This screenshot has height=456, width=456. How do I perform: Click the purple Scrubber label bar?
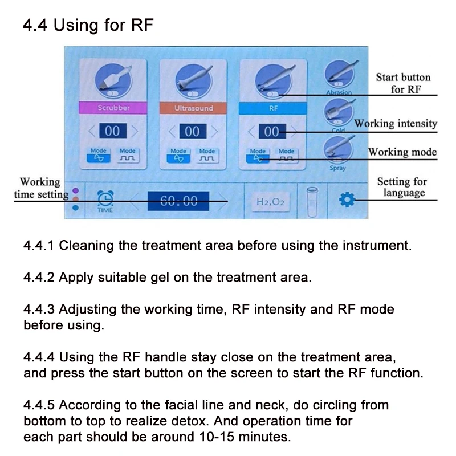point(114,108)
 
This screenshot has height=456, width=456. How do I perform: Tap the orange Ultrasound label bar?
point(193,108)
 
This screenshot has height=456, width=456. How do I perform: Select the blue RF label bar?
point(273,108)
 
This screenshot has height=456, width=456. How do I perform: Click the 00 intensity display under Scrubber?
point(113,132)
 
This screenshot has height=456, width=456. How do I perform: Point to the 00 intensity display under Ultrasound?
point(193,132)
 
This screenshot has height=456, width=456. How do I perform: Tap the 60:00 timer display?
point(178,199)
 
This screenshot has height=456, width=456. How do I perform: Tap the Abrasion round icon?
point(339,76)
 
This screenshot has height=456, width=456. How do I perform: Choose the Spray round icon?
point(337,150)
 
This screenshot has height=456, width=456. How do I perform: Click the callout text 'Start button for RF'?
point(403,83)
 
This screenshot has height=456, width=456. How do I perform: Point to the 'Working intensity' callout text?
point(396,123)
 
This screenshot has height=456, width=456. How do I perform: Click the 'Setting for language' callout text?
point(402,187)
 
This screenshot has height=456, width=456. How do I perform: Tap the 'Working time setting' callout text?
point(40,188)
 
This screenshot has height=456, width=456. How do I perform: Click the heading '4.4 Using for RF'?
point(88,26)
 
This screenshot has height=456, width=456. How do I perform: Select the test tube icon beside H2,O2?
point(312,201)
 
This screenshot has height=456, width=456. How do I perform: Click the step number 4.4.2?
point(38,278)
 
